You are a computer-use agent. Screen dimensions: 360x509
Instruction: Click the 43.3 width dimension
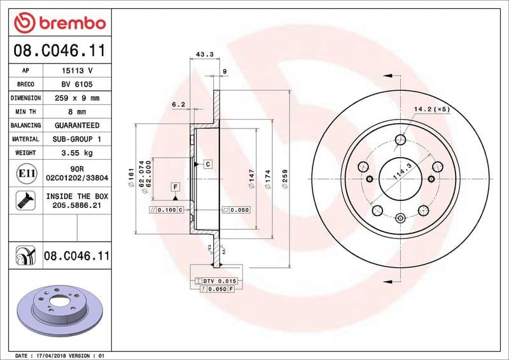[204, 55]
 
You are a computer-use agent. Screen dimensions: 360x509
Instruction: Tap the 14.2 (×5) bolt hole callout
[431, 109]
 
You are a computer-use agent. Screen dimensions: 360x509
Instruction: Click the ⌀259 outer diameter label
[285, 177]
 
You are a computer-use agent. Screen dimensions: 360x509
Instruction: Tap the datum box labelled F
[174, 187]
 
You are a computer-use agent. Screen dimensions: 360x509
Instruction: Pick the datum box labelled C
[207, 164]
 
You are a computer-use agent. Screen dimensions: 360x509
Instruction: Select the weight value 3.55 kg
[77, 153]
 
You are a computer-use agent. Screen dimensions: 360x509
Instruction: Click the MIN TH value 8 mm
[77, 112]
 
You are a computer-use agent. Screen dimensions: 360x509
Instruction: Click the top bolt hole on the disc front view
[400, 140]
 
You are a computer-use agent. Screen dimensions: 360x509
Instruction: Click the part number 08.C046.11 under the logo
[59, 49]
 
